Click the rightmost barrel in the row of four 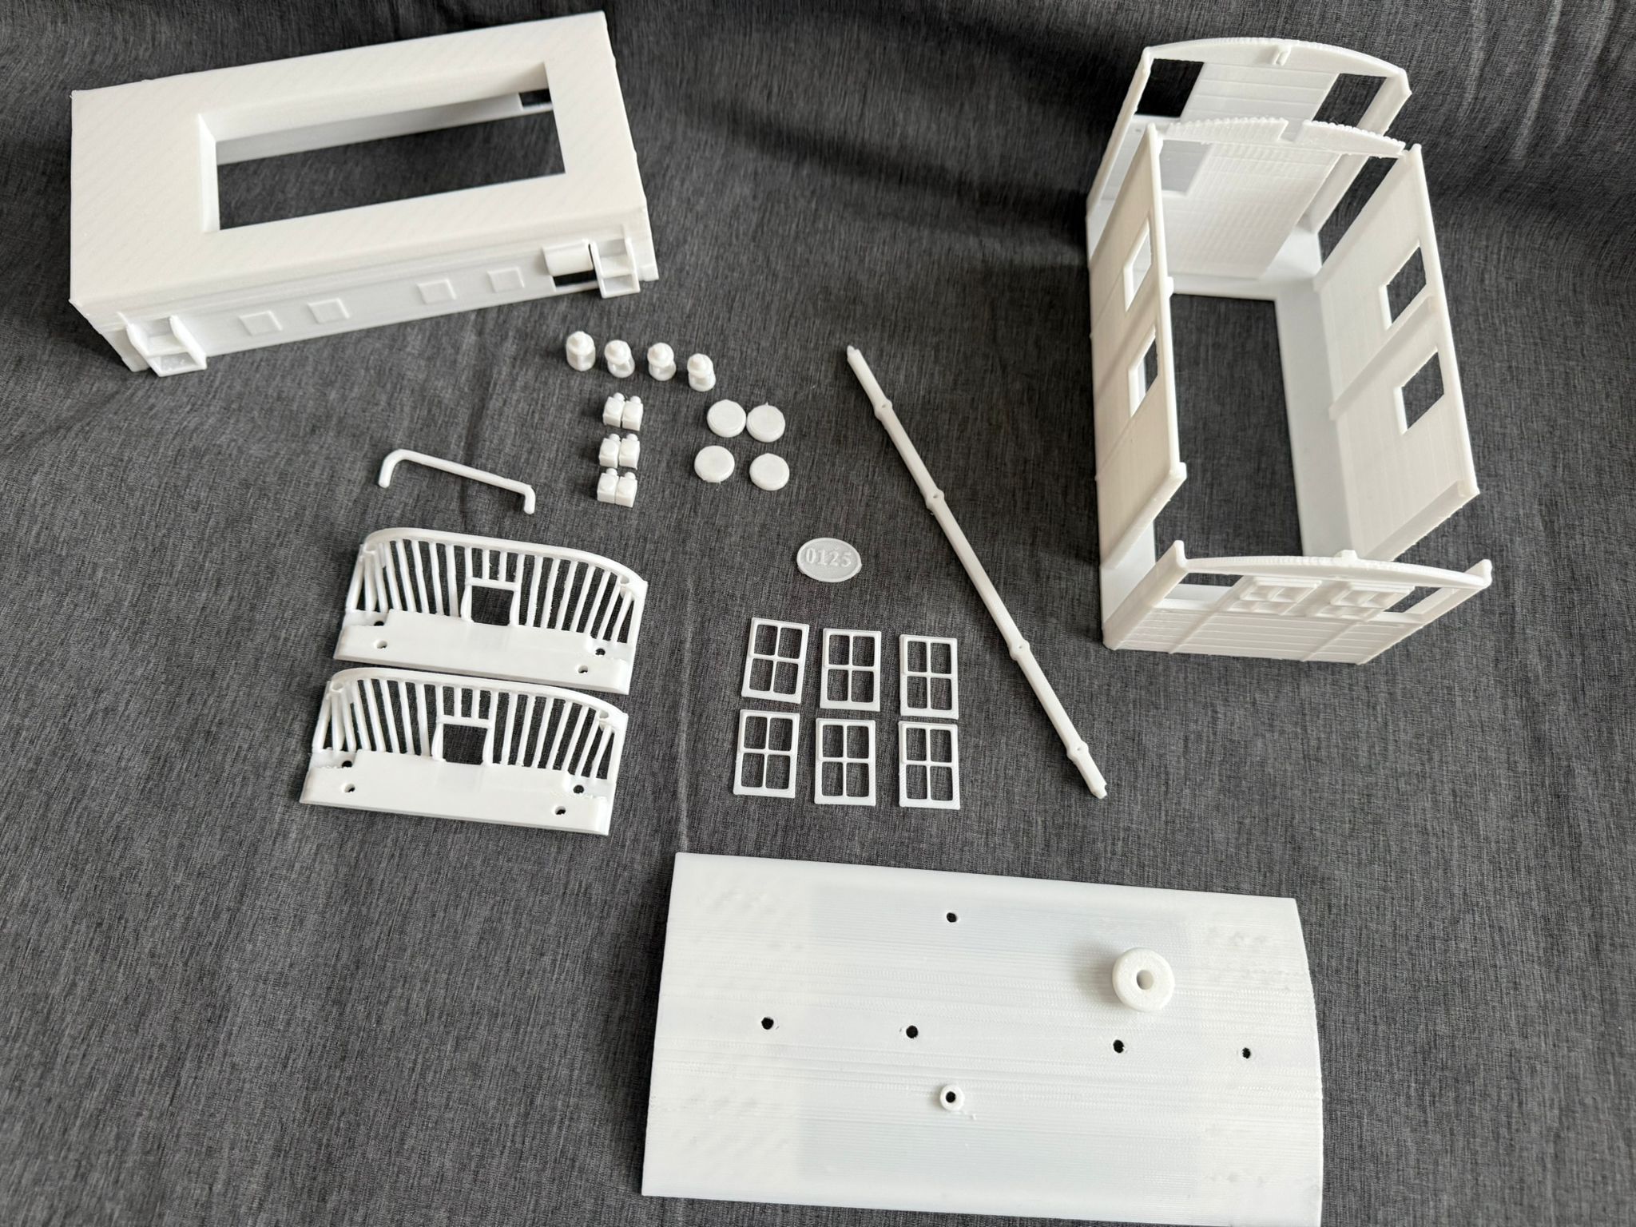pos(701,371)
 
